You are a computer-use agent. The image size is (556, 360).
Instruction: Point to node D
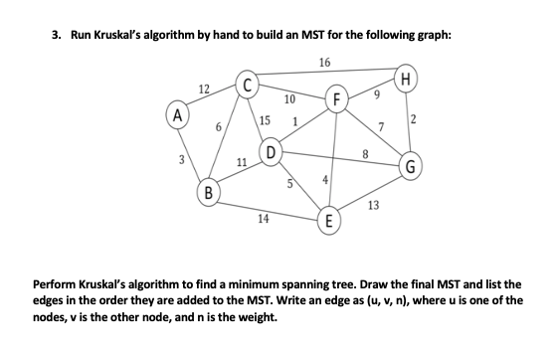269,151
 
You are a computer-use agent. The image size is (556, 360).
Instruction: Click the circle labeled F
339,99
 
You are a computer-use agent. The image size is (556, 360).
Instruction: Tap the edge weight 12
203,90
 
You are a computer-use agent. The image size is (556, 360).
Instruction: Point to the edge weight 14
263,216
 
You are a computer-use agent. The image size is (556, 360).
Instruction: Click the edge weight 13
372,205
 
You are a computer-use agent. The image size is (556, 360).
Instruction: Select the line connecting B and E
269,206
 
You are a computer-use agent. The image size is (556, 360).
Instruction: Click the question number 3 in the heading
55,35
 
